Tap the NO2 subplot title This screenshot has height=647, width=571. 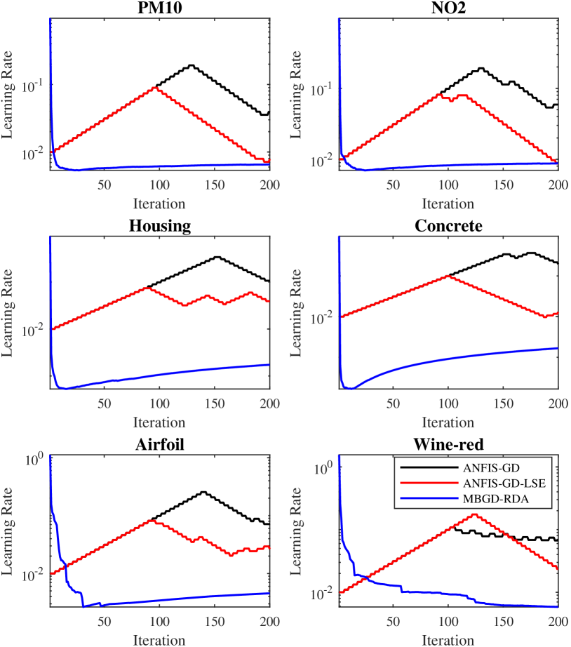448,7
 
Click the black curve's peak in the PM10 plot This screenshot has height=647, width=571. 191,65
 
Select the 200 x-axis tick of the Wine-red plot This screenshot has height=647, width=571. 557,622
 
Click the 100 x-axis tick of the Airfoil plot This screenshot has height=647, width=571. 159,622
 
